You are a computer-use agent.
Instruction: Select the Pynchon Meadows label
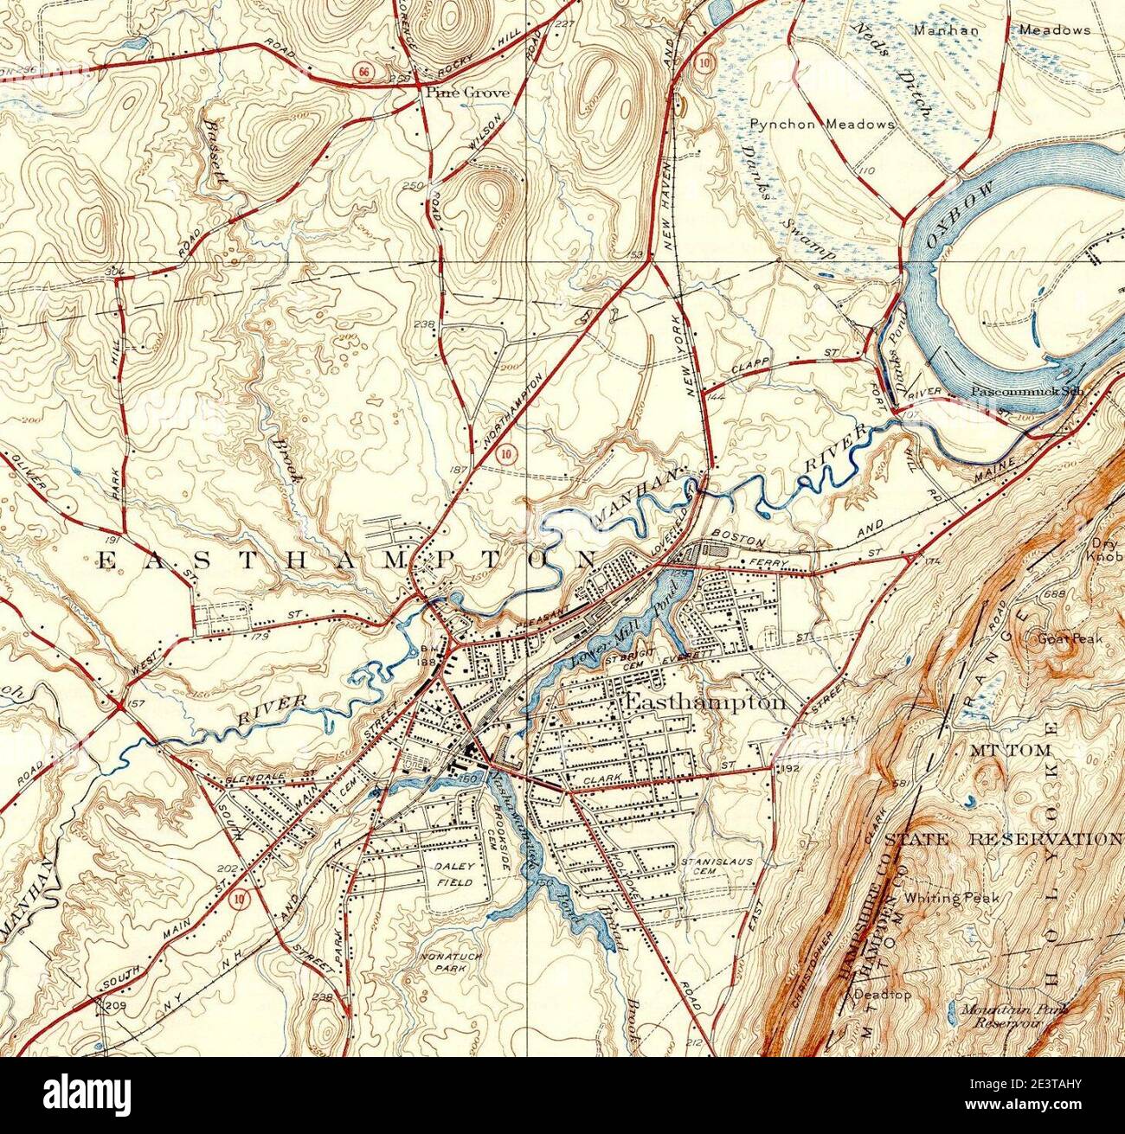[822, 125]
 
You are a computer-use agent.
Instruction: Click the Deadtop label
[882, 995]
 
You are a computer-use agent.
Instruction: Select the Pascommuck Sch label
[1025, 390]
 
